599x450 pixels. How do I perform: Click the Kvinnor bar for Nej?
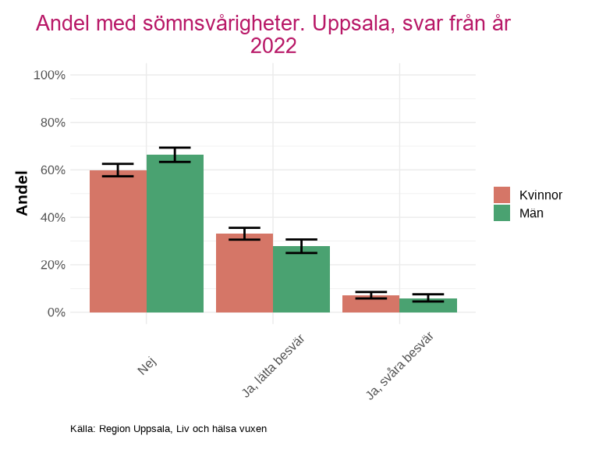[118, 241]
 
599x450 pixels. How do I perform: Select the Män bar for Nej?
[175, 234]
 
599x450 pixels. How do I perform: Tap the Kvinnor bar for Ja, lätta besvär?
[244, 273]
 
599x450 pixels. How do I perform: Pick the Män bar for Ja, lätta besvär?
[301, 279]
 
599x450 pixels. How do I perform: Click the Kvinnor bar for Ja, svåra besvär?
[370, 304]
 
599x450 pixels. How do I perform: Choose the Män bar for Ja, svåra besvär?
[427, 305]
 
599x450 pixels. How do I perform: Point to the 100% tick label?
[49, 75]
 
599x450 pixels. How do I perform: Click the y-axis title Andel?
[23, 193]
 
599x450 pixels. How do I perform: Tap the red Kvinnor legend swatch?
[502, 195]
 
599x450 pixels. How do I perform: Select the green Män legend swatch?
[502, 212]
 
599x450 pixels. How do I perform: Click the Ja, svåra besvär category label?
[400, 365]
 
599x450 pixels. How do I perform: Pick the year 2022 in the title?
[273, 46]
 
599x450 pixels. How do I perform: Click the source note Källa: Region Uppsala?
[168, 429]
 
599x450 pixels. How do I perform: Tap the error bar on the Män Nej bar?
[175, 155]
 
